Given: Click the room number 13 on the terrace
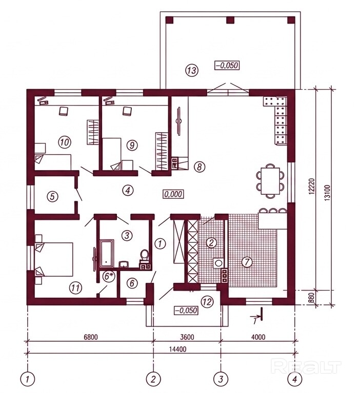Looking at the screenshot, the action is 192,70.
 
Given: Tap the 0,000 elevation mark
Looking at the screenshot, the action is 174,194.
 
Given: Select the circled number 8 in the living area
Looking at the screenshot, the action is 199,167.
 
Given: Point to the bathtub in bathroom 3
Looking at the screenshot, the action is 107,254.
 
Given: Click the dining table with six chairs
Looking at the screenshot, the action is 270,181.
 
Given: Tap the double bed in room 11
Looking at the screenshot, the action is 54,259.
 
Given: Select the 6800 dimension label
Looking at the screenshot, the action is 90,337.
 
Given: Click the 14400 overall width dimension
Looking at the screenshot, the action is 177,348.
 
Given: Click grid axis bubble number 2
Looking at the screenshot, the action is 153,379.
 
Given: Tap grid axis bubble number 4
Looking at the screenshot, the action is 295,379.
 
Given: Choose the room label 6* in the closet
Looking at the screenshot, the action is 109,277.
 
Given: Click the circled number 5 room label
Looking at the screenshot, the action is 52,197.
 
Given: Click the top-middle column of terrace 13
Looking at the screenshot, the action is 230,20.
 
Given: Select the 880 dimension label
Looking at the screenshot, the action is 312,298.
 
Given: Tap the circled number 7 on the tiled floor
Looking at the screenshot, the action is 247,262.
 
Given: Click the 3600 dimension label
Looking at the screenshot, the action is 187,337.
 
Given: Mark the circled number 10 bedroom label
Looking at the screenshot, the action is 65,142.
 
